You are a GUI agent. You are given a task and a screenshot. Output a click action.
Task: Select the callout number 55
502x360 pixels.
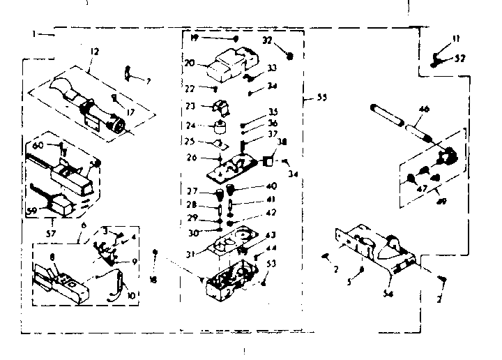[321, 97]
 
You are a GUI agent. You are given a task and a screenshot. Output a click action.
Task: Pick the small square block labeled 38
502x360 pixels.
[267, 161]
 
